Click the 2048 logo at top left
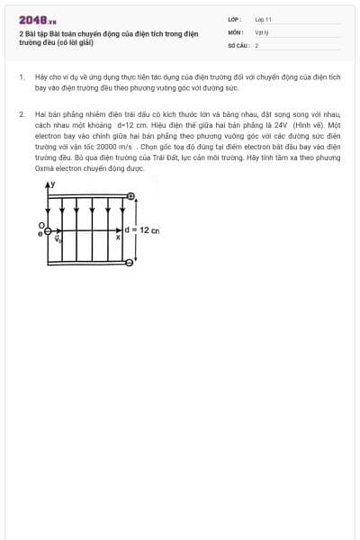[37, 19]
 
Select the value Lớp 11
[263, 19]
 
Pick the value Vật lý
[261, 31]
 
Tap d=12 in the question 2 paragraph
[126, 126]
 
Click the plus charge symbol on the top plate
[131, 196]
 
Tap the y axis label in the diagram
[52, 184]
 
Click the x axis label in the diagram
[119, 238]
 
